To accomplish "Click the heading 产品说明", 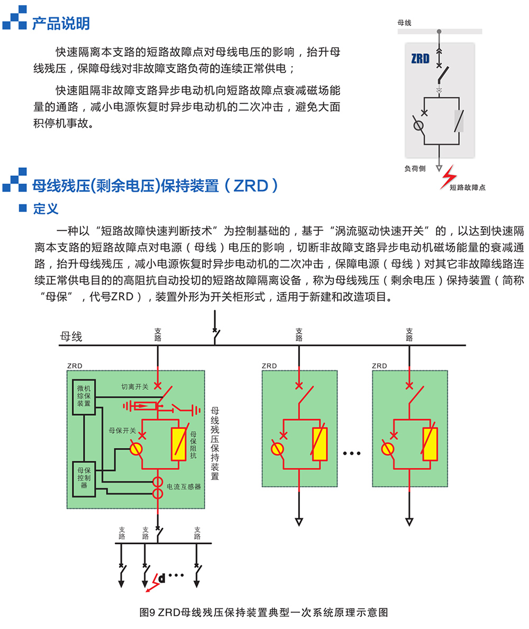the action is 61,24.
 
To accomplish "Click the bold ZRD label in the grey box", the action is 421,59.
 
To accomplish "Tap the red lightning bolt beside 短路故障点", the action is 449,177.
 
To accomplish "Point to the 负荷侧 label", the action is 415,168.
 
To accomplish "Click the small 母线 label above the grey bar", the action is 404,23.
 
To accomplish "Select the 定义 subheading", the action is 45,208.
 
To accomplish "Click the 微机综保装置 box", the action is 84,397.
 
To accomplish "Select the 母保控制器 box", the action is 84,479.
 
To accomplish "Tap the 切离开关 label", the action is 135,387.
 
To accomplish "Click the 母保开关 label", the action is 122,431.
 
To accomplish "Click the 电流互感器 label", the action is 184,487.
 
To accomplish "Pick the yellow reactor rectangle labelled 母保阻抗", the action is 178,444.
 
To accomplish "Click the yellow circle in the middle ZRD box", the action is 277,449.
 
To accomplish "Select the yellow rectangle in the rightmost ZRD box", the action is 430,444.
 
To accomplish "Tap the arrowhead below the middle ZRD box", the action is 299,522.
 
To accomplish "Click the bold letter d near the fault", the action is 162,578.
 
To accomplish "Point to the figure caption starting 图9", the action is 263,612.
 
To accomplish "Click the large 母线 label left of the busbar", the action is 71,336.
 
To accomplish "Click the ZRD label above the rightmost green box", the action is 379,366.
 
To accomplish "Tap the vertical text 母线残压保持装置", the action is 215,443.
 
